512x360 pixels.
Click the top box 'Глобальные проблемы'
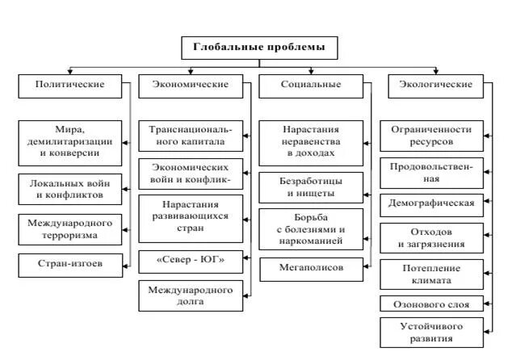(260, 47)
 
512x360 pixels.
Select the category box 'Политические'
(73, 84)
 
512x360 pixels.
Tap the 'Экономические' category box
(191, 84)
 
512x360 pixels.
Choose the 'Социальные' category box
(311, 84)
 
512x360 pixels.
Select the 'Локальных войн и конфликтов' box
(73, 189)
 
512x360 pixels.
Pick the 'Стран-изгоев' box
(73, 262)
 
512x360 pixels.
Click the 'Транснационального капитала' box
(191, 136)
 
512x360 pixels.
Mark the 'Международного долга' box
(191, 296)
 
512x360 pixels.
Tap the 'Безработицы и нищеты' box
(311, 189)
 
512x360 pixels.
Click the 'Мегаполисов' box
(311, 266)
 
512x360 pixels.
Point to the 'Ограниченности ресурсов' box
(431, 135)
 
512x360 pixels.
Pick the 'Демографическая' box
(431, 202)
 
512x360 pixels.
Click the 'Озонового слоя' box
(431, 304)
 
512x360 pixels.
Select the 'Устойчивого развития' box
(431, 332)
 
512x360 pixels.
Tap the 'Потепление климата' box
(431, 274)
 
